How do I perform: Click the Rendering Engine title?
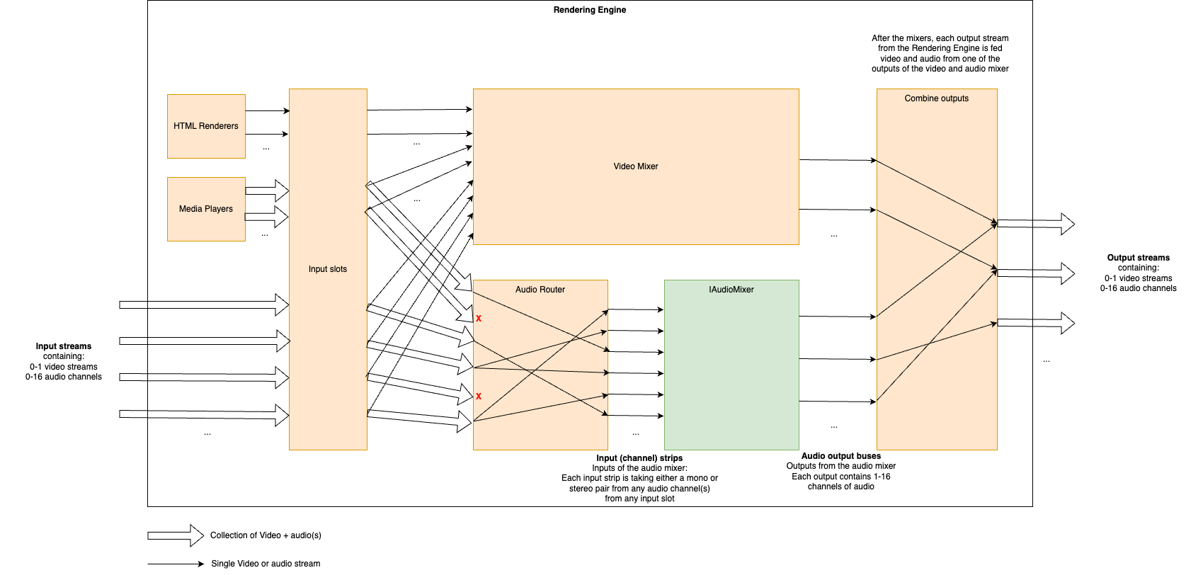(x=589, y=10)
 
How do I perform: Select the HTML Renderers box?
(x=206, y=126)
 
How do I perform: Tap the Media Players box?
(x=206, y=209)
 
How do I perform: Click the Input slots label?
(x=328, y=269)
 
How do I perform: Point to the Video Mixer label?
(x=635, y=166)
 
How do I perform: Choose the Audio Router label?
(x=540, y=290)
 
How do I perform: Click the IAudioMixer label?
(x=731, y=290)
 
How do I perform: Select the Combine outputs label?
(x=936, y=98)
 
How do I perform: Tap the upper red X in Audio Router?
(x=479, y=319)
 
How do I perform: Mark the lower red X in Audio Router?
(x=479, y=397)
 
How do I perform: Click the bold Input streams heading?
(x=64, y=346)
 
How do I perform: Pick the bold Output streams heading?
(x=1138, y=258)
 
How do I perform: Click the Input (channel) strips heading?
(x=639, y=458)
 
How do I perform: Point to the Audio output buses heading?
(x=840, y=456)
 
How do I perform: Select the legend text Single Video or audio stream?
(x=266, y=564)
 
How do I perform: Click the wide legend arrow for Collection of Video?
(x=175, y=535)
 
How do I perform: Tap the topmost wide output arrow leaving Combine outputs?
(x=1035, y=224)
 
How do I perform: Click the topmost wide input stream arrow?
(x=204, y=305)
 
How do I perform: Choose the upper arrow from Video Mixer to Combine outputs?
(x=838, y=160)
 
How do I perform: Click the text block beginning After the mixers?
(x=940, y=54)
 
